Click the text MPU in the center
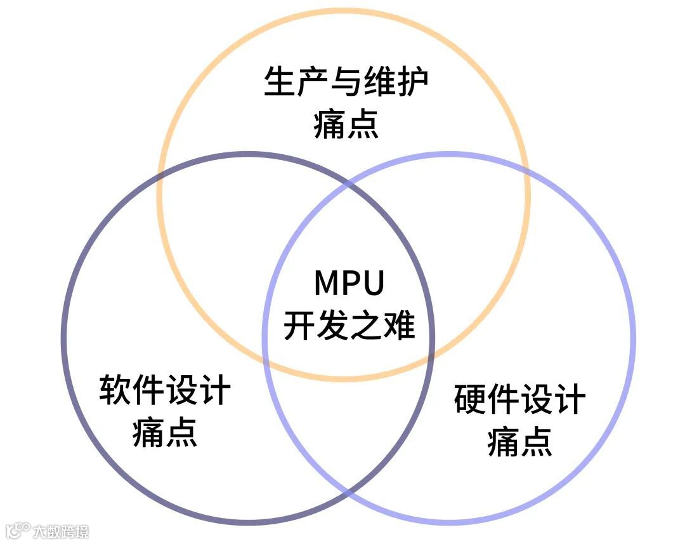349,284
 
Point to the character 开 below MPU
299,326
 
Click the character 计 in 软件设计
214,390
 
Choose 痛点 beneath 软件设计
165,432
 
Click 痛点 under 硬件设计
520,442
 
